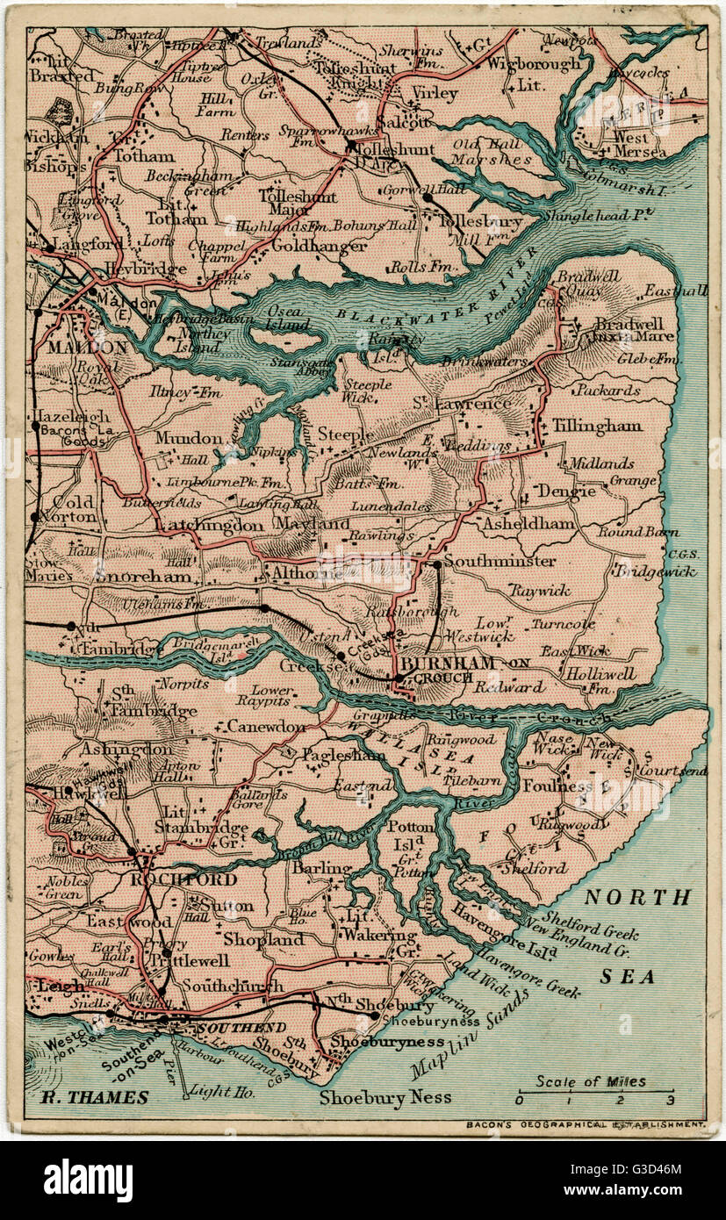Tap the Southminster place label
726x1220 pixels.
pos(499,560)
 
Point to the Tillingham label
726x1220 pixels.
pos(597,426)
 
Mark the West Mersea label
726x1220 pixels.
pos(637,145)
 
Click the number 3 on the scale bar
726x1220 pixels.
pos(671,1100)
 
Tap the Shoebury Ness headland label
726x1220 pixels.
pos(385,1097)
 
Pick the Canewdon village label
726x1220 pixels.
pos(266,726)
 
